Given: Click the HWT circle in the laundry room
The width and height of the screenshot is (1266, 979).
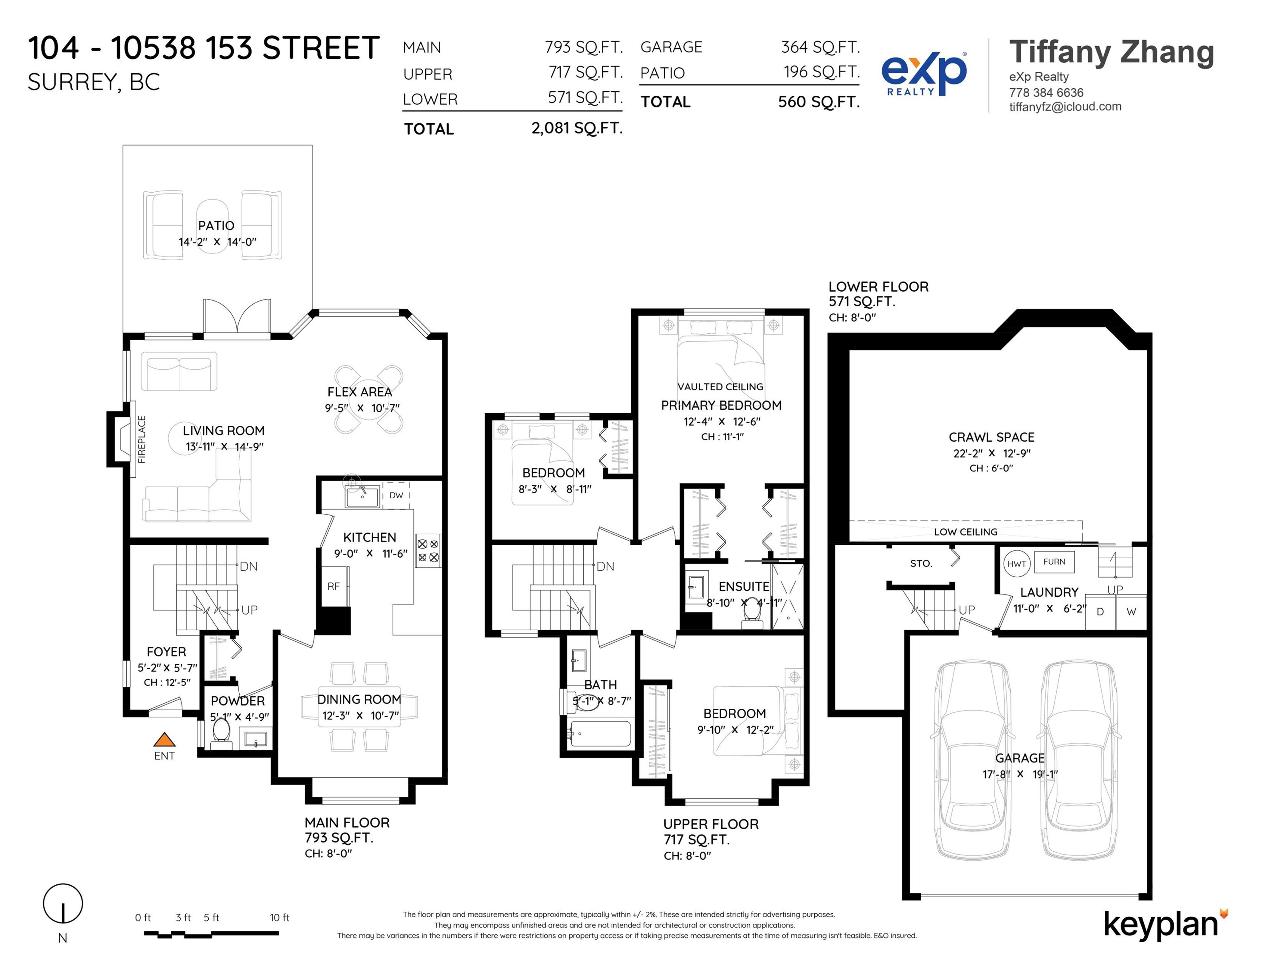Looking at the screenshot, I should (x=1017, y=564).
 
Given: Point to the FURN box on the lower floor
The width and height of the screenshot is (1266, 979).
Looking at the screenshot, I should (x=1054, y=561).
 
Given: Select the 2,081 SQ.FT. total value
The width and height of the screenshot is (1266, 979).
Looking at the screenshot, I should (x=577, y=128).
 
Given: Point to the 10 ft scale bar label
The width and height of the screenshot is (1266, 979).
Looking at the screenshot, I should (x=279, y=918).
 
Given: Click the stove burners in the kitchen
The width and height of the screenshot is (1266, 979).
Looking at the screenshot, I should (x=428, y=551).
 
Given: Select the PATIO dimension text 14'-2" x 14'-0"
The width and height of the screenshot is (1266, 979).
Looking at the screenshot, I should (x=217, y=242).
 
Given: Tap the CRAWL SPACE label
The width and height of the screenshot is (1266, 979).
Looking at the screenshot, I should (x=991, y=437).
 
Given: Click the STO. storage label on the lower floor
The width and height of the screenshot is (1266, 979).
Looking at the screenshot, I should (x=920, y=563).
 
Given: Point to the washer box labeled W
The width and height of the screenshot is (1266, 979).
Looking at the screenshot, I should (x=1131, y=611).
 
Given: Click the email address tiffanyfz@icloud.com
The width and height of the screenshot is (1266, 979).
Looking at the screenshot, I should (x=1065, y=107).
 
